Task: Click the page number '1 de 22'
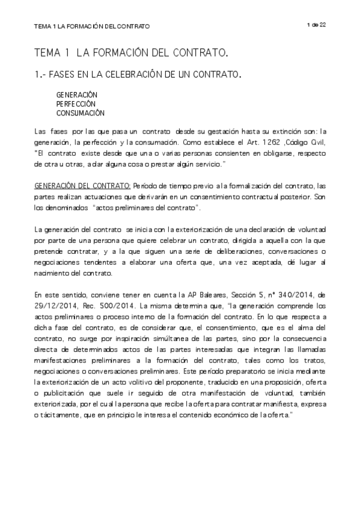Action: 316,24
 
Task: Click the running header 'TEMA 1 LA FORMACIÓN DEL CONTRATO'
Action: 92,26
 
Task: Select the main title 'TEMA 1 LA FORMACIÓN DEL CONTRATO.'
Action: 131,54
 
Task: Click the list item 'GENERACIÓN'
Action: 77,95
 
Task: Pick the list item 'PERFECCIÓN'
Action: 76,103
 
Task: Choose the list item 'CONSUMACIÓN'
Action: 81,112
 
